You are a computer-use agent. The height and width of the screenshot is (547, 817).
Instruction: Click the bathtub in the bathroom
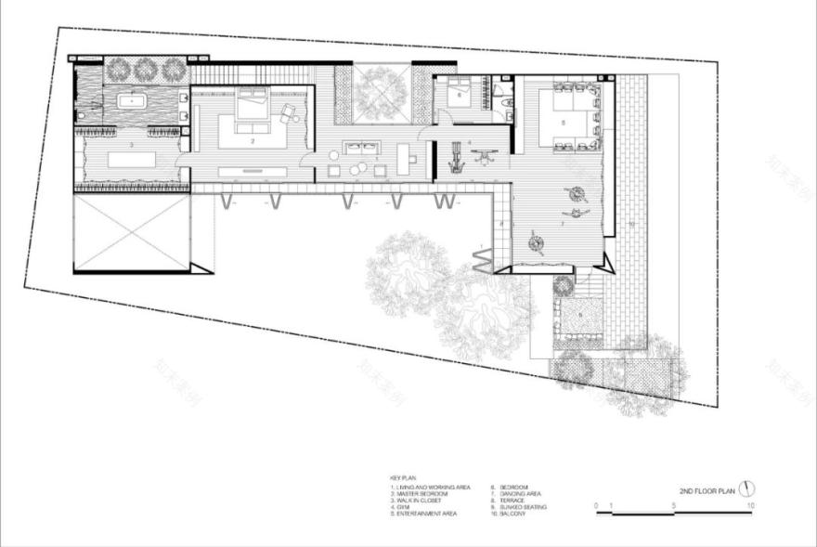coord(136,99)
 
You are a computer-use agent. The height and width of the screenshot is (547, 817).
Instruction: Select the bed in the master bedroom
coord(252,104)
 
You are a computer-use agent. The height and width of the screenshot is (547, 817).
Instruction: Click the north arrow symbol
coord(748,488)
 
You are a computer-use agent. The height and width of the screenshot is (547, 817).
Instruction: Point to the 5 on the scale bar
coord(674,505)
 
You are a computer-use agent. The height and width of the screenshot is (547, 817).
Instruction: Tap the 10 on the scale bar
coord(750,505)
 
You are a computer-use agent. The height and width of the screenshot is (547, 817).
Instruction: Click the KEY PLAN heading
coord(404,478)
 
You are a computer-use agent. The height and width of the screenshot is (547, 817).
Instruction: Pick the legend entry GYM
coord(407,507)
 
